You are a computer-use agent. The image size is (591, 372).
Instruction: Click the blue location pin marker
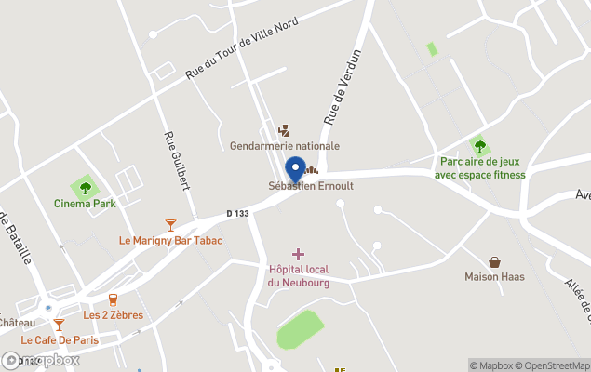[x=296, y=170]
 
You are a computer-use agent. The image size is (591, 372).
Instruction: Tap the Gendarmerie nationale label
[x=285, y=146]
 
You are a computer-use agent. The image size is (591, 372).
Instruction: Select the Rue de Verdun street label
[x=340, y=91]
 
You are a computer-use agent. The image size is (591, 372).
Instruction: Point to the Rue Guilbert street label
[x=177, y=160]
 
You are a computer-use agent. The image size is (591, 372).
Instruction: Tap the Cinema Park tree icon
[x=85, y=188]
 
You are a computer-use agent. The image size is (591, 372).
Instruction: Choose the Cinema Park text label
[x=85, y=204]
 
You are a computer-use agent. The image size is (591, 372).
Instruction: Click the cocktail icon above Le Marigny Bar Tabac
[x=170, y=224]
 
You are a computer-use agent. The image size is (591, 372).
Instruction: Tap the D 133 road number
[x=237, y=214]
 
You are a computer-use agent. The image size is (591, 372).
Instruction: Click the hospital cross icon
[x=298, y=254]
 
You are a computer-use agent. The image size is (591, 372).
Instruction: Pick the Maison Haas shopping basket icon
[x=495, y=262]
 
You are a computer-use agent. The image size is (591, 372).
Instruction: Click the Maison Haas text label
[x=495, y=277]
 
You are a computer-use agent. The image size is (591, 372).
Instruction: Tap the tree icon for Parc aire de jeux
[x=479, y=146]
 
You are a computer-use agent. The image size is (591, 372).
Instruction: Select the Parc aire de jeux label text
[x=479, y=167]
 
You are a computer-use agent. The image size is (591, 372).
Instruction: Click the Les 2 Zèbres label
[x=114, y=315]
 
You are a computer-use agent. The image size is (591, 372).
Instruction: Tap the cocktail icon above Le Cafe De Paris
[x=59, y=324]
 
